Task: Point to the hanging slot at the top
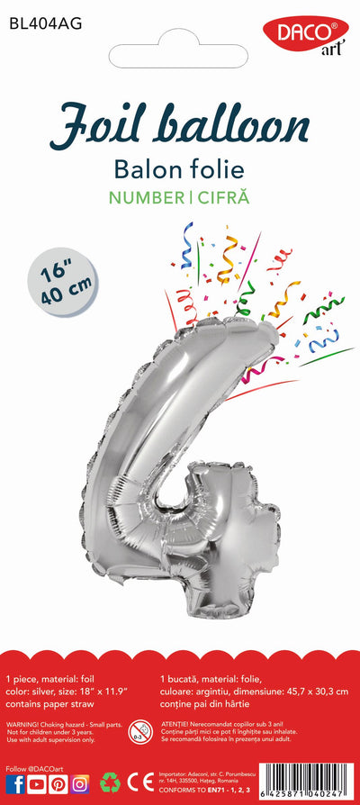click(x=180, y=56)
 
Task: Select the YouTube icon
click(x=37, y=784)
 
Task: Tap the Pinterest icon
click(x=58, y=784)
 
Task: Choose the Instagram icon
click(x=80, y=784)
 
